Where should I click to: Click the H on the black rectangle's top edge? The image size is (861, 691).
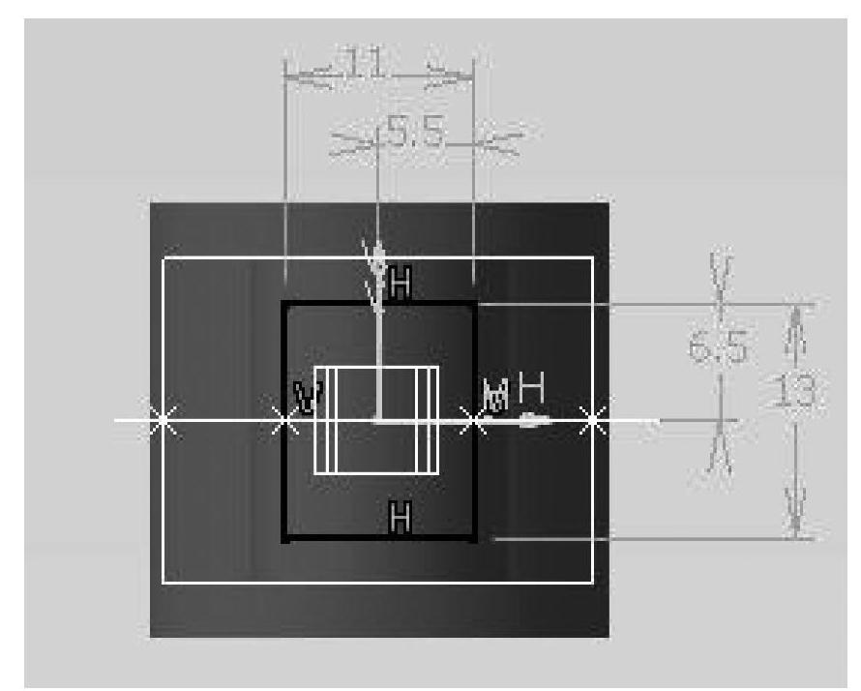(x=401, y=284)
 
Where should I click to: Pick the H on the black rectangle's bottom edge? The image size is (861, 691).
(x=399, y=519)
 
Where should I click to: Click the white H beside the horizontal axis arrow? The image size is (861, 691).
(x=532, y=389)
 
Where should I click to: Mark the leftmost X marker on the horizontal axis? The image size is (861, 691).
(x=163, y=420)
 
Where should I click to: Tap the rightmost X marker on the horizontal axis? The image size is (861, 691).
(x=594, y=420)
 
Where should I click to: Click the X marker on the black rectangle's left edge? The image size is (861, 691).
(x=283, y=420)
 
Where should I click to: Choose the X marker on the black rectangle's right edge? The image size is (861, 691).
(x=473, y=420)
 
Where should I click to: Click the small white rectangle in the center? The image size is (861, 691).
(x=376, y=419)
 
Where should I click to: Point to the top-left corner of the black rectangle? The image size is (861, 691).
(x=283, y=303)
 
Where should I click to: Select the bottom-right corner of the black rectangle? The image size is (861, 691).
(x=473, y=539)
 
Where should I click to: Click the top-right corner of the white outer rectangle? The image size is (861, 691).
(x=591, y=258)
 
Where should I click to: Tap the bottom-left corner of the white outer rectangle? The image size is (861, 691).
(x=163, y=583)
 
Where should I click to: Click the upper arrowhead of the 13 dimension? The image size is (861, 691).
(x=796, y=315)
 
